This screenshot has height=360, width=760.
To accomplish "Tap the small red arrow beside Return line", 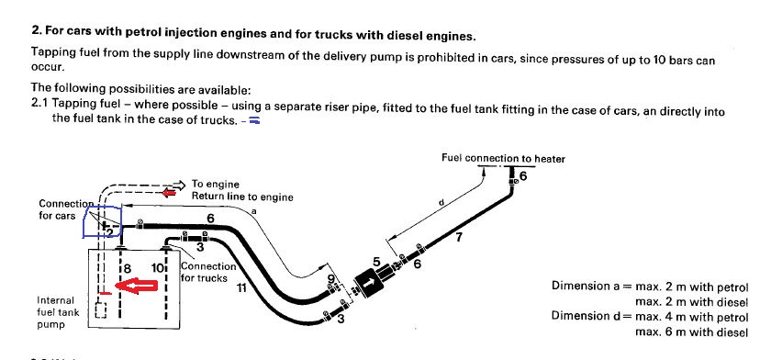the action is tap(169, 193).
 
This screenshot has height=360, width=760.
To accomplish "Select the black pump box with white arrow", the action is tap(369, 282).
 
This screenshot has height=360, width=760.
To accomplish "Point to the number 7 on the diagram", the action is tap(459, 237).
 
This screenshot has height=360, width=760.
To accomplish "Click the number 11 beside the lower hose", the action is tap(240, 288).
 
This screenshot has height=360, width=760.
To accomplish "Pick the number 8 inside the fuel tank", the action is tap(127, 268).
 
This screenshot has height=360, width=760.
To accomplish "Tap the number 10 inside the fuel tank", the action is tap(158, 268).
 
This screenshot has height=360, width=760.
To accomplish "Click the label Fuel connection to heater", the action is tap(503, 158).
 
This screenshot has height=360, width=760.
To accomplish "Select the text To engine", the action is tap(215, 185).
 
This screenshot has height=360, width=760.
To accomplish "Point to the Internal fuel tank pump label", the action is tap(57, 313).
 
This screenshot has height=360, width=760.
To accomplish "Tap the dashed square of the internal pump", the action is tap(101, 310).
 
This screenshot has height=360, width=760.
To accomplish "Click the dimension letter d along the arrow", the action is tap(441, 204).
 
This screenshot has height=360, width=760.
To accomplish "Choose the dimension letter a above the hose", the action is tap(254, 211).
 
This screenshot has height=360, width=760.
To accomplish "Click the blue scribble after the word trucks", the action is tap(254, 121).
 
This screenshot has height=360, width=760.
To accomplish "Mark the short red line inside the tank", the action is tap(105, 293).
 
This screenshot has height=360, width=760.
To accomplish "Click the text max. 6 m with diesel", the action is tap(692, 332).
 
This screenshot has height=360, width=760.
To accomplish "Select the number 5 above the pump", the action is tap(376, 262).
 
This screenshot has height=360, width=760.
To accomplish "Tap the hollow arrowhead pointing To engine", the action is tap(179, 185).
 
